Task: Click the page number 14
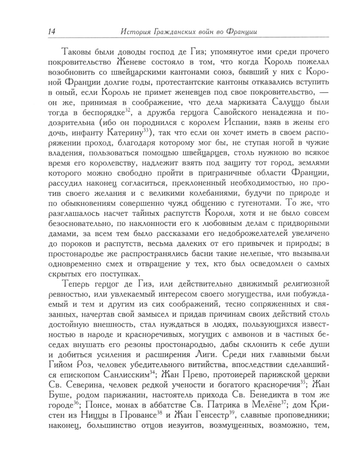tap(50, 31)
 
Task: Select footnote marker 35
tap(303, 381)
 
